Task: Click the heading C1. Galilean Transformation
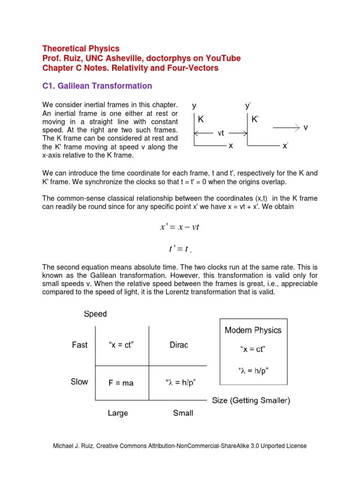click(x=97, y=86)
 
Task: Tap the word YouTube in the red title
click(x=225, y=58)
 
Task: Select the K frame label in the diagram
click(x=201, y=120)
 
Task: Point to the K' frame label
click(x=255, y=120)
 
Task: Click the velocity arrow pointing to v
click(x=285, y=127)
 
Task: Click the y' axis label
click(x=248, y=106)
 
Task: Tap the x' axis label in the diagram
click(x=285, y=146)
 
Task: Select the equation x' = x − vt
click(x=180, y=227)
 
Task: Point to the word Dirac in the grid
click(x=179, y=345)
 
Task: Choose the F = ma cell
click(x=121, y=383)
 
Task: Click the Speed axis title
click(x=95, y=314)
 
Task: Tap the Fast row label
click(x=80, y=345)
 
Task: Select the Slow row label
click(x=79, y=382)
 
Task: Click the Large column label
click(x=118, y=413)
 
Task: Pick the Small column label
click(x=183, y=413)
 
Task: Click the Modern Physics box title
click(x=253, y=330)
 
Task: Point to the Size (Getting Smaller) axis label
click(x=251, y=400)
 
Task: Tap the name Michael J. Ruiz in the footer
click(x=73, y=446)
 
